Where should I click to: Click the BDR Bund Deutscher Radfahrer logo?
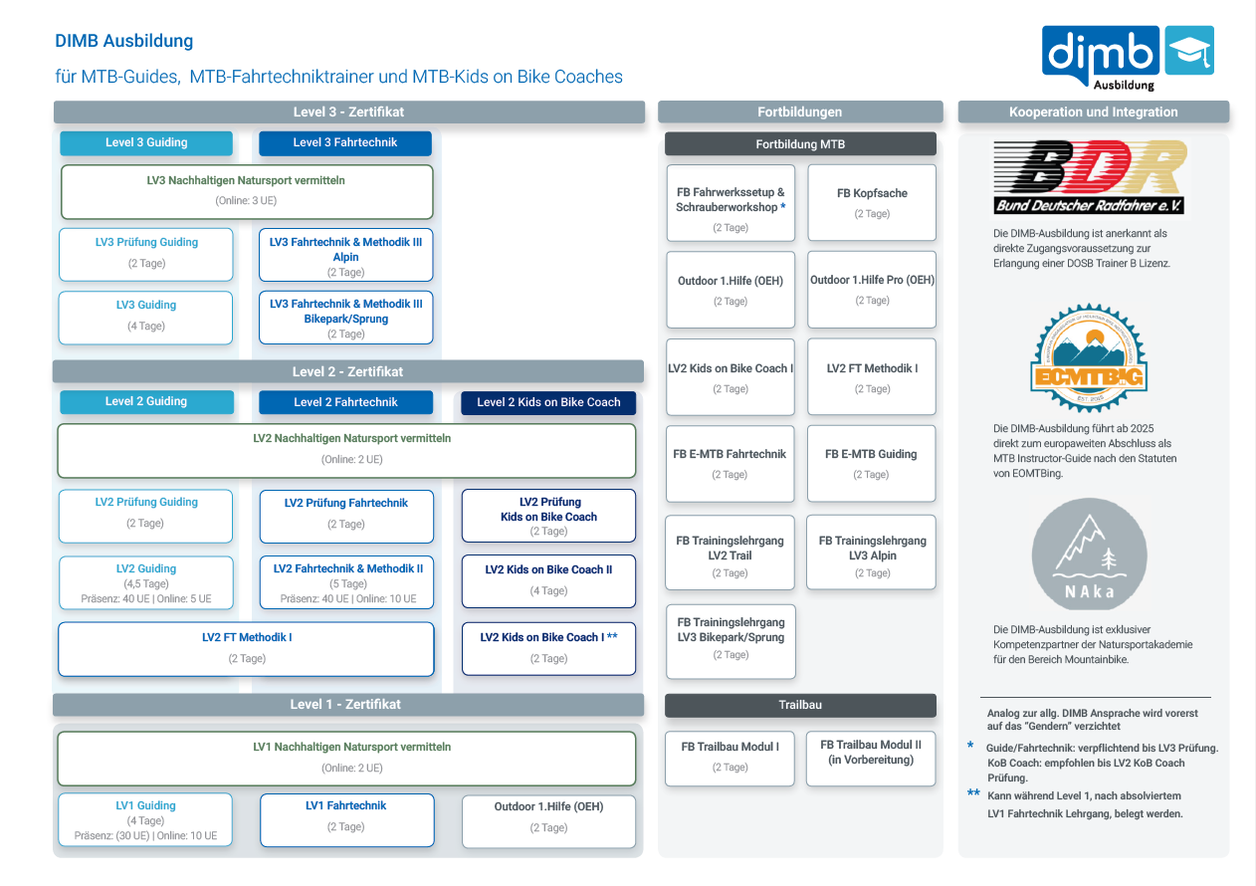(x=1090, y=176)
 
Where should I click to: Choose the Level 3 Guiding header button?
(x=146, y=143)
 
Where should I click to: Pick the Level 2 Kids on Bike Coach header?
(x=548, y=403)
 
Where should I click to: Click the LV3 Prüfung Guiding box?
(x=146, y=254)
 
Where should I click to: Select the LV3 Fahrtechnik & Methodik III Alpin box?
(x=345, y=256)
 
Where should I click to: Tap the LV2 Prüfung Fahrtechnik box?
(x=346, y=514)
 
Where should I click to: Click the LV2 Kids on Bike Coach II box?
(x=548, y=580)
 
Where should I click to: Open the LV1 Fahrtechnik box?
(x=346, y=817)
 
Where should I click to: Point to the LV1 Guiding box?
(x=145, y=819)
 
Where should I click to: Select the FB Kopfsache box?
(x=872, y=202)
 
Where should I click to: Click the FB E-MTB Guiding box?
(x=871, y=463)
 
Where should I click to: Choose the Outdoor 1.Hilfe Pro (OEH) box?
(x=872, y=290)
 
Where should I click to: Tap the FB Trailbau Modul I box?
(x=730, y=757)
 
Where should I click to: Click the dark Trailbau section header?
(x=800, y=705)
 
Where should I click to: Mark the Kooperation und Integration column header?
(x=1093, y=112)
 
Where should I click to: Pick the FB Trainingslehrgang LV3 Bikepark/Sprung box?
(x=731, y=638)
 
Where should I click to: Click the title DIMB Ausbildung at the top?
(x=124, y=42)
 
